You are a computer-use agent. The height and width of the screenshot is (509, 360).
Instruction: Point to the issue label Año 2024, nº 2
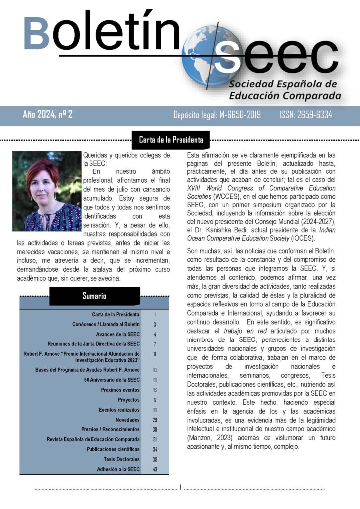point(48,115)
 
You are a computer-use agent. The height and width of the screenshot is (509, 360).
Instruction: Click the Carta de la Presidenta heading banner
point(171,140)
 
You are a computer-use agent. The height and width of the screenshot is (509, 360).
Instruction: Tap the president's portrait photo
point(47,191)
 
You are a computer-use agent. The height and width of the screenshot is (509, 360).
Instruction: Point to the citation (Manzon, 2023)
point(209,438)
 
